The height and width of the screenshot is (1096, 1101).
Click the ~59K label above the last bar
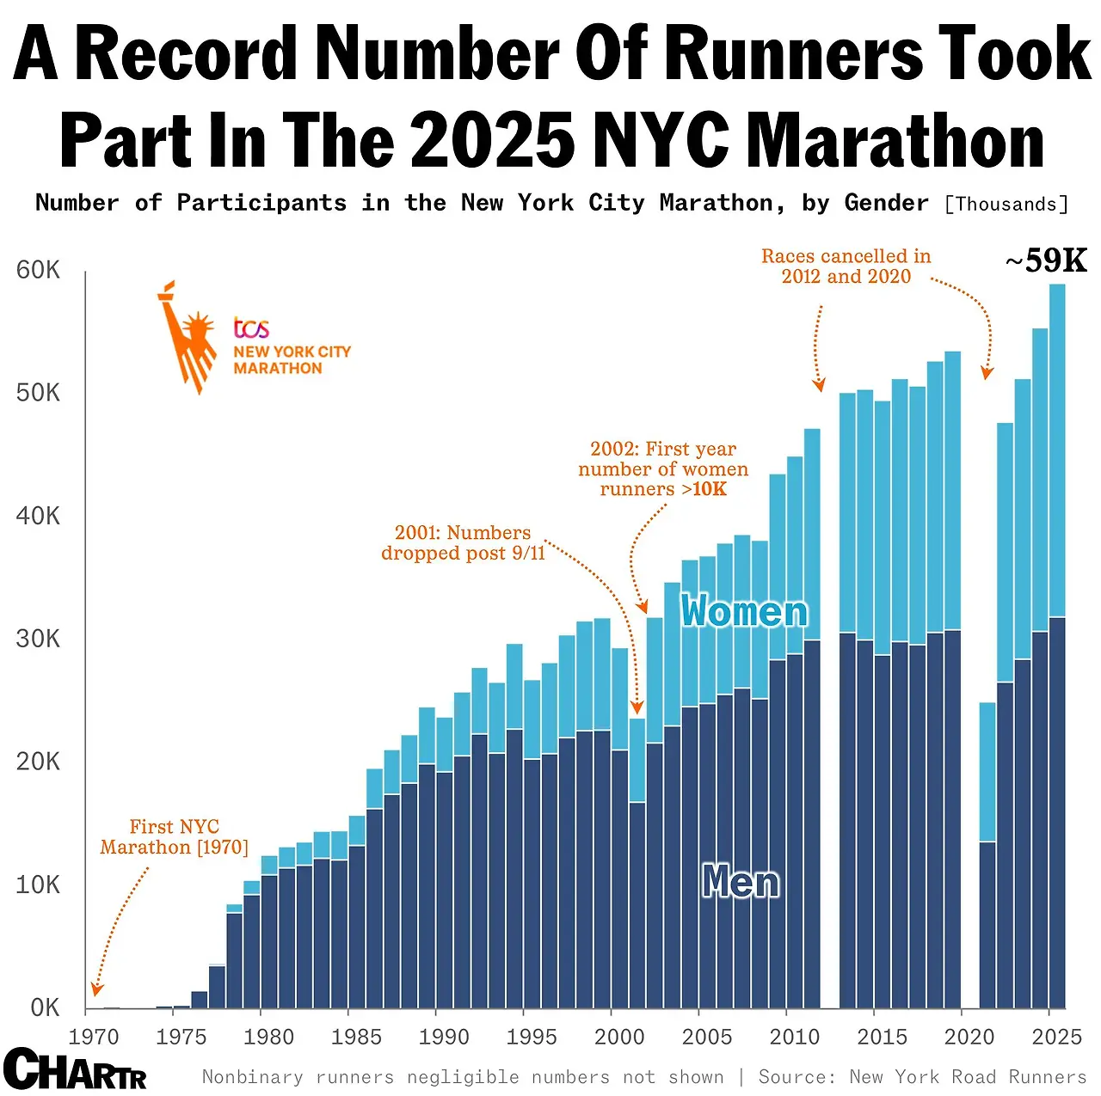tap(1046, 260)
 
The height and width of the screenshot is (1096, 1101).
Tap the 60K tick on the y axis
tap(38, 271)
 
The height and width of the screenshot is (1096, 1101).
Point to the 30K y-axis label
tap(38, 639)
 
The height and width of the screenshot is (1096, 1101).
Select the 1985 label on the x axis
tap(356, 1037)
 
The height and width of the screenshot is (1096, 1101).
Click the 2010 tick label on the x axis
tap(794, 1037)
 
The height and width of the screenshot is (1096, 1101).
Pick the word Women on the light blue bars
tap(744, 611)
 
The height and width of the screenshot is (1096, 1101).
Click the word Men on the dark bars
tap(741, 882)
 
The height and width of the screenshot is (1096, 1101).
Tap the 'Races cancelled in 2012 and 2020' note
tap(846, 266)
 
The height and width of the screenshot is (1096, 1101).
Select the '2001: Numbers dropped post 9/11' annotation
tap(463, 543)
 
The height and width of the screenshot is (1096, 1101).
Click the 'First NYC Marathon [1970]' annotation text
tap(174, 837)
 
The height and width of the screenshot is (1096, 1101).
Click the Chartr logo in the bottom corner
tap(74, 1069)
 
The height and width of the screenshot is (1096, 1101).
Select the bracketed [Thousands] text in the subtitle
tap(1006, 205)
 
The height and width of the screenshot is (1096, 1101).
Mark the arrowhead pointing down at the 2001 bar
tap(637, 708)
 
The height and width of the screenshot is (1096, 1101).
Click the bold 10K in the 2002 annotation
tap(710, 489)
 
